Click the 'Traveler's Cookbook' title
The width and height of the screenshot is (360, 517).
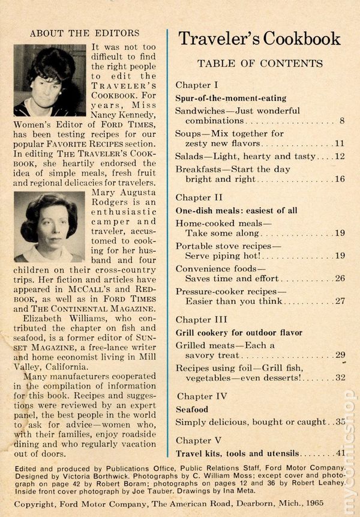coord(259,40)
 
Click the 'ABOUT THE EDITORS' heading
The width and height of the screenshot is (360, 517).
coord(84,32)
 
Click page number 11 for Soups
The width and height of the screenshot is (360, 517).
coord(339,145)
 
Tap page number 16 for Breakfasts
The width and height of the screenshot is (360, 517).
coord(339,179)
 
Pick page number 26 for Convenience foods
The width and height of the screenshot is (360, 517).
coord(339,279)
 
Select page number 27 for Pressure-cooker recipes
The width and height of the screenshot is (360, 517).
coord(339,301)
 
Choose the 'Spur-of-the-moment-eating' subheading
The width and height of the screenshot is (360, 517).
coord(230,98)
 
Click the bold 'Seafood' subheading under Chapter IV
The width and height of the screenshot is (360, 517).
coord(191,409)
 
